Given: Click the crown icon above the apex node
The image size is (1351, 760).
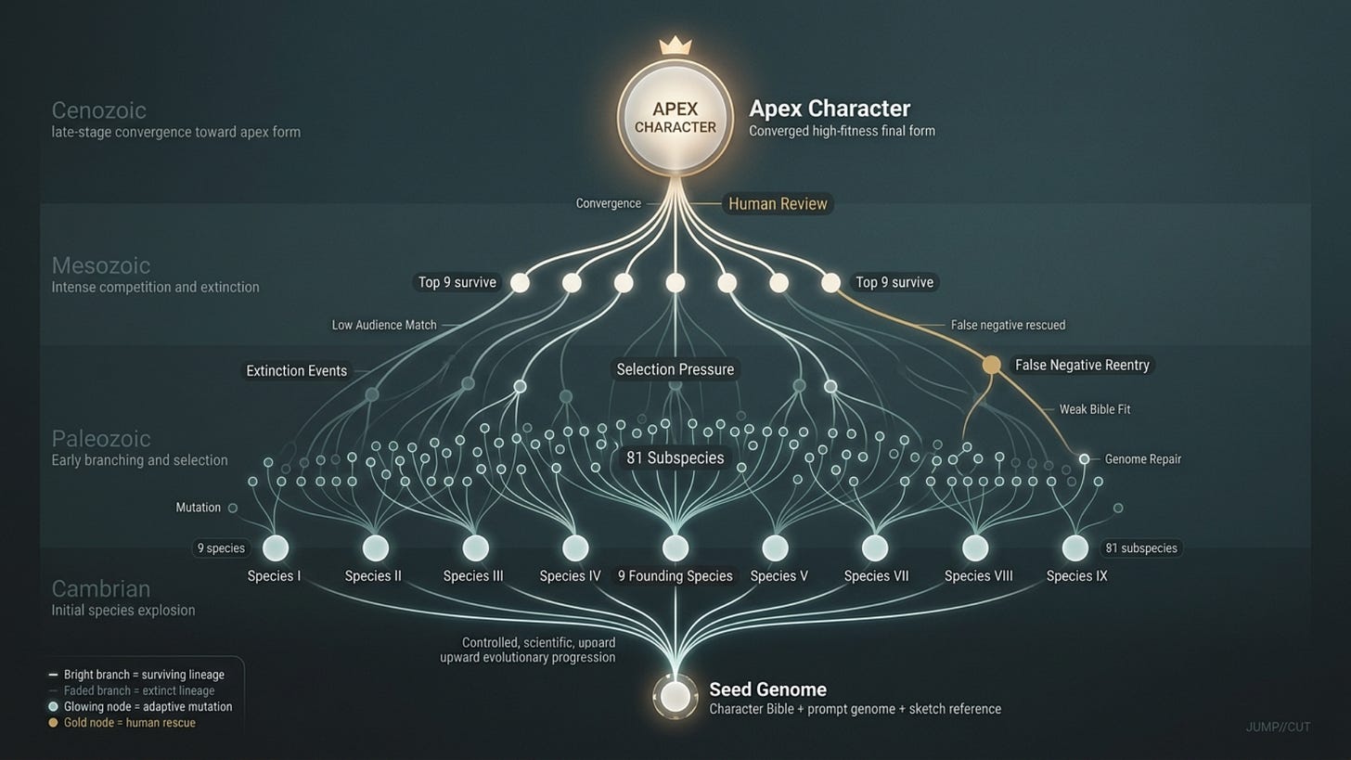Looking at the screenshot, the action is (675, 45).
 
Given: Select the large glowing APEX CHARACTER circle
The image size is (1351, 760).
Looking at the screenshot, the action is (675, 118).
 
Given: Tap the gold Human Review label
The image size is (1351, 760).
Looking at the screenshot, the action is (778, 204).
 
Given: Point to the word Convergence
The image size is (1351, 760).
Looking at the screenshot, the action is (608, 203).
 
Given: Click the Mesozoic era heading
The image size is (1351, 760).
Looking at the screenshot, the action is (100, 266).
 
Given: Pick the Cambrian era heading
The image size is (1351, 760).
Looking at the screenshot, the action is (100, 588).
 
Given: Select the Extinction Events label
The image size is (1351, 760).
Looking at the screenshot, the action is (296, 371).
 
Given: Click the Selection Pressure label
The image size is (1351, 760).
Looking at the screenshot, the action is (675, 369).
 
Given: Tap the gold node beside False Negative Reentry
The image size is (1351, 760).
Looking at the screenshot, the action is (991, 365).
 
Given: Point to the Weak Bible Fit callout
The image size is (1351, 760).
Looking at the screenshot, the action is (1095, 409).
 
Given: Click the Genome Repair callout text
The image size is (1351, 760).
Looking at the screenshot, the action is (1142, 459).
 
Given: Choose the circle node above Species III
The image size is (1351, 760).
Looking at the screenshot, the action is (475, 548).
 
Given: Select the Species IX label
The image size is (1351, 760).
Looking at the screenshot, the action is (1076, 576).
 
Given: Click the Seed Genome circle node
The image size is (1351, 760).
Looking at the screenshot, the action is (675, 696).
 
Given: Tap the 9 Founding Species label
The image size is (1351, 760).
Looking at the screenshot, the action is (675, 576).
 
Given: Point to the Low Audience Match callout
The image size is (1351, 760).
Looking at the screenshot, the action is (384, 326).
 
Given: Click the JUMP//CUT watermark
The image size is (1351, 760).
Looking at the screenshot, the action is (1278, 727).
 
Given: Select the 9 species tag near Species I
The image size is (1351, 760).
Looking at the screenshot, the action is (220, 548).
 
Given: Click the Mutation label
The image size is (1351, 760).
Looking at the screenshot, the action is (199, 508).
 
